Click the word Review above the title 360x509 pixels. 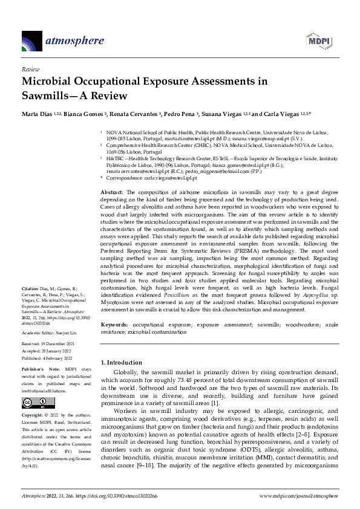click(x=30, y=70)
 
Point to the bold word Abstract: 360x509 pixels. click(x=113, y=191)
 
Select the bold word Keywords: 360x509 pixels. click(x=114, y=325)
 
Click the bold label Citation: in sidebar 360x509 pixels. click(x=30, y=288)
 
